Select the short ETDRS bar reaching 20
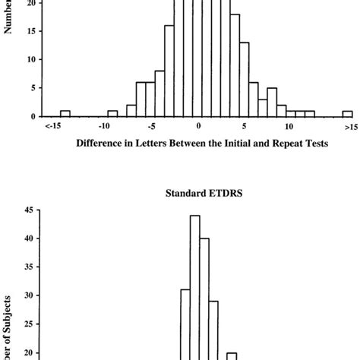coord(232,355)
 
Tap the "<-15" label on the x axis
coord(54,127)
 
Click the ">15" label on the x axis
coord(349,127)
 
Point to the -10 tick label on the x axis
coord(112,127)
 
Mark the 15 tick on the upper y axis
coord(28,31)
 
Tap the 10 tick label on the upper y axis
coord(28,59)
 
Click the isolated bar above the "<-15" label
coord(65,113)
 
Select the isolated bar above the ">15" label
coord(347,113)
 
